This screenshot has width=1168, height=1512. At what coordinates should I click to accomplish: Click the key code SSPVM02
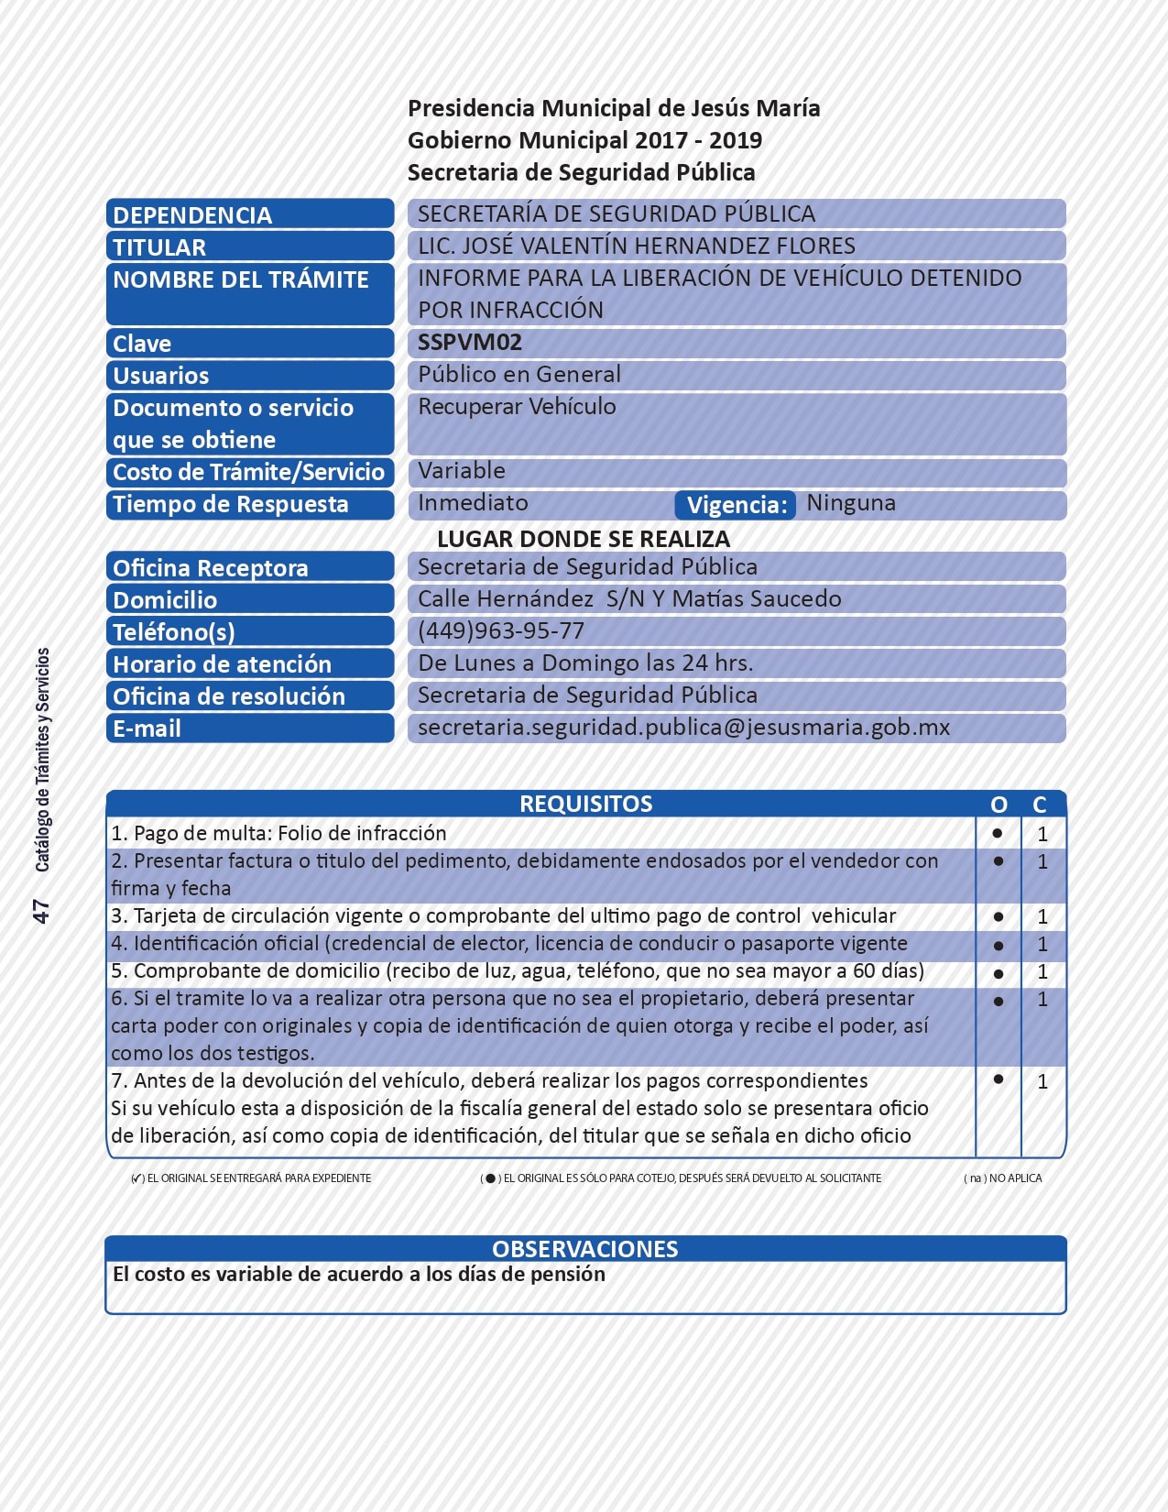pyautogui.click(x=469, y=343)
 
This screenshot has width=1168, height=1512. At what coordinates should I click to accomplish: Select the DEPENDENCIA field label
pyautogui.click(x=192, y=215)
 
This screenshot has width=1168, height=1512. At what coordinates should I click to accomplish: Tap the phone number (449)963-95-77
pyautogui.click(x=500, y=631)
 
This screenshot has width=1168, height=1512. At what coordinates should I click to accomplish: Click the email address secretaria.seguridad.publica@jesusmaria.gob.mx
pyautogui.click(x=683, y=728)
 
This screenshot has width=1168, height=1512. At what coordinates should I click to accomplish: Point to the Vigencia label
pyautogui.click(x=736, y=505)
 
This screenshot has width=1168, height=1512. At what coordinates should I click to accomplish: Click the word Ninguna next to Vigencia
pyautogui.click(x=851, y=503)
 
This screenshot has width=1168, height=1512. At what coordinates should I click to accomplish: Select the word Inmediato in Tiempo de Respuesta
pyautogui.click(x=473, y=503)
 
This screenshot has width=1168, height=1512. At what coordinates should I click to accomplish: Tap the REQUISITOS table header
pyautogui.click(x=585, y=804)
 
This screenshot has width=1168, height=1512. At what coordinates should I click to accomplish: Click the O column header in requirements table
pyautogui.click(x=999, y=805)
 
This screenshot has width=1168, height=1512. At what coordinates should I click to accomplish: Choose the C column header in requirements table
pyautogui.click(x=1040, y=805)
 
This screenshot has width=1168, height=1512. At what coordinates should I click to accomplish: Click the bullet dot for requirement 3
pyautogui.click(x=999, y=916)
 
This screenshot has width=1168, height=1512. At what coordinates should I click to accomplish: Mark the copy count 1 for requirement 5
pyautogui.click(x=1042, y=971)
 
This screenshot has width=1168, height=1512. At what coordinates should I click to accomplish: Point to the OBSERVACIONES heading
pyautogui.click(x=585, y=1249)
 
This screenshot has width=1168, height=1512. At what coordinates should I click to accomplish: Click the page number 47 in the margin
pyautogui.click(x=41, y=911)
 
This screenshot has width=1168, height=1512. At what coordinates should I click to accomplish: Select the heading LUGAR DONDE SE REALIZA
pyautogui.click(x=584, y=539)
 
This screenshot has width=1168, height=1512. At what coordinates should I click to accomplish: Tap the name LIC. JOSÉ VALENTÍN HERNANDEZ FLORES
pyautogui.click(x=636, y=246)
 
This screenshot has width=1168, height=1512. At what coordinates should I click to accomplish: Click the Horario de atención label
pyautogui.click(x=222, y=664)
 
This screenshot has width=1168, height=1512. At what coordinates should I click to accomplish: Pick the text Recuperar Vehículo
pyautogui.click(x=517, y=407)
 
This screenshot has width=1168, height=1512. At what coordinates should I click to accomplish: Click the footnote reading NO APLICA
pyautogui.click(x=1003, y=1178)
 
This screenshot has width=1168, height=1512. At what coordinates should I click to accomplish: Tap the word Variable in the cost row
pyautogui.click(x=462, y=471)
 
